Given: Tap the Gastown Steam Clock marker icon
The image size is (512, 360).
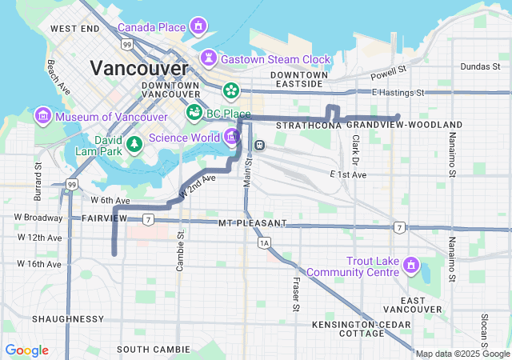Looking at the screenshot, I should tap(210, 59).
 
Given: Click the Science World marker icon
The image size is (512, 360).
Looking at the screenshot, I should tap(231, 136).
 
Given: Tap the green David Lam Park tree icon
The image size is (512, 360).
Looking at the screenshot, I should tap(135, 143).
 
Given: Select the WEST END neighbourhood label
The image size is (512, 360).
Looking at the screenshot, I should tap(74, 29).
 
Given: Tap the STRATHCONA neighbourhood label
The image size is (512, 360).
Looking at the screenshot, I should tap(308, 126).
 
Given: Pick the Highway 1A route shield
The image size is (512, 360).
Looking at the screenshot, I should tap(264, 242).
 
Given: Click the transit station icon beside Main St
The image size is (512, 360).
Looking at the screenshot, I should tap(259, 145).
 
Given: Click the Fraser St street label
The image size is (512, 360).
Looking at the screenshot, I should tap(295, 294).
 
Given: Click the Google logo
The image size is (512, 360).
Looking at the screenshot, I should tap(26, 350).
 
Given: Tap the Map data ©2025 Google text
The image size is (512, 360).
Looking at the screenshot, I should tap(462, 354).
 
